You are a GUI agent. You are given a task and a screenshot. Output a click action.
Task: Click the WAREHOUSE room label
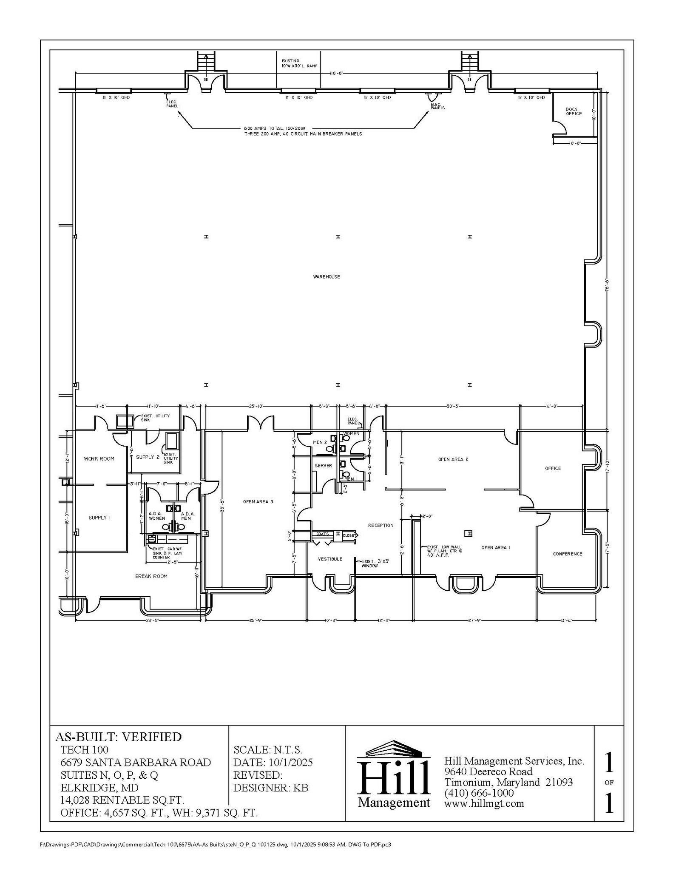coord(327,277)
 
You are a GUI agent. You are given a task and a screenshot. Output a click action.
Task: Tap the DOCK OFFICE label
coord(573,111)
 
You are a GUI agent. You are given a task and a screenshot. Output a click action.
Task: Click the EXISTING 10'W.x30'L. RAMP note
coord(299,63)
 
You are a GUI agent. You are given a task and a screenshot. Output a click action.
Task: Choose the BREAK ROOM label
coord(151,576)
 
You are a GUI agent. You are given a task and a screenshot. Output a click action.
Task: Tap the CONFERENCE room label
coord(567,554)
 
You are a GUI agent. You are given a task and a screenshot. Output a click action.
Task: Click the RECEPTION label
coord(381,525)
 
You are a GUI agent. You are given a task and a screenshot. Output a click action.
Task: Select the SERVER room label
coord(323,466)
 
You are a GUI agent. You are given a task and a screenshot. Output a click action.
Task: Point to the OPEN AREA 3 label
coord(258,502)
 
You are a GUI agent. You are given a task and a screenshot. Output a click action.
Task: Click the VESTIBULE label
coord(330,559)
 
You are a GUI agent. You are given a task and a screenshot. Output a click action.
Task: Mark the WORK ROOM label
coord(99,458)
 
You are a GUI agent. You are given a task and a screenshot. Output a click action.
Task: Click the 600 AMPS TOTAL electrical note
coord(303,131)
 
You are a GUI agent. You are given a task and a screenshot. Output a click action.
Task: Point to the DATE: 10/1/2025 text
coord(273,762)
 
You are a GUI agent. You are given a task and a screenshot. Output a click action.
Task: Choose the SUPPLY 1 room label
coord(99,518)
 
